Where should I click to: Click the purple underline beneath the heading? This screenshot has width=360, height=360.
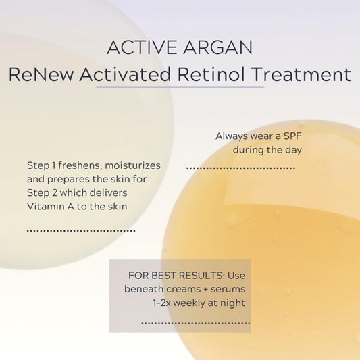[180, 88]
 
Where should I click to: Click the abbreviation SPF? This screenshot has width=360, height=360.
[292, 136]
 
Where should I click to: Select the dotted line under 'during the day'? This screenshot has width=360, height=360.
[240, 167]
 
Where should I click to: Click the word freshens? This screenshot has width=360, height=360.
[82, 165]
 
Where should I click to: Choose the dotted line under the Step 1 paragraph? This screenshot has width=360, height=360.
[81, 230]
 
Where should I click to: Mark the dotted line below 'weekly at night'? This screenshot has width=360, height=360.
[195, 323]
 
